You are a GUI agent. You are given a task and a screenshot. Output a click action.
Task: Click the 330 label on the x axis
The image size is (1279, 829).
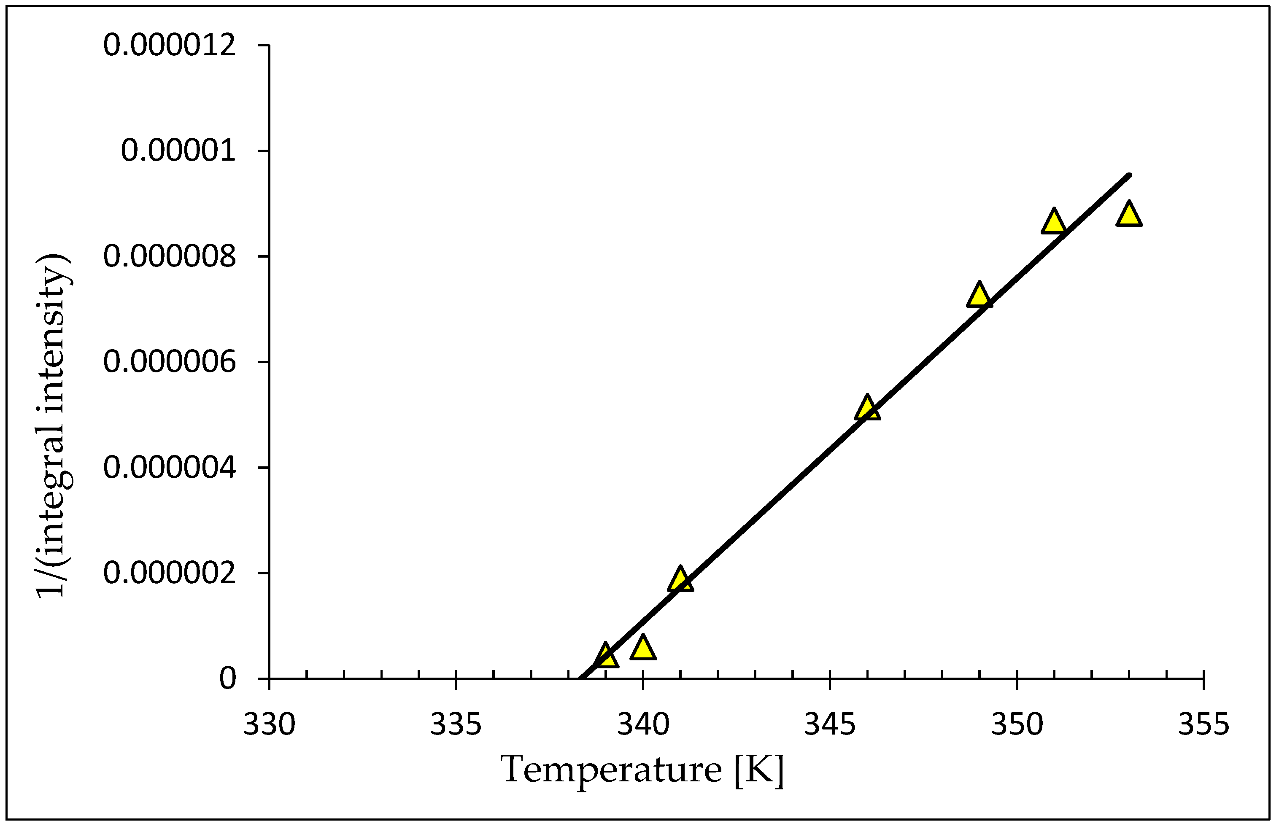click(x=269, y=725)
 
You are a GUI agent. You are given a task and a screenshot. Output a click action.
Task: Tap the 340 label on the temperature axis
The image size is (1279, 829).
click(x=643, y=725)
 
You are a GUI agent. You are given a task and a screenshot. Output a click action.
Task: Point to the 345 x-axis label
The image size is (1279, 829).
click(x=830, y=725)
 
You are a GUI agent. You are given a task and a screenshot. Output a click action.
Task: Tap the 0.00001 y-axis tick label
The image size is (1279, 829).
click(x=178, y=151)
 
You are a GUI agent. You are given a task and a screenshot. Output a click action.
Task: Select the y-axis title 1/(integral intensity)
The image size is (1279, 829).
click(x=54, y=425)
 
